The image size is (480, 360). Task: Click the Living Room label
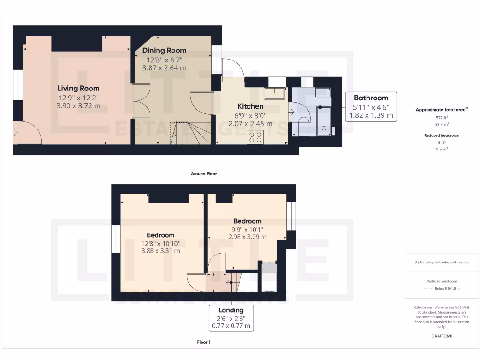click(78, 88)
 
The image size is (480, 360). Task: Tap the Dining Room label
click(164, 51)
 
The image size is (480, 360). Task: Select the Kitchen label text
click(250, 106)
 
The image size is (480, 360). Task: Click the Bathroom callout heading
click(371, 98)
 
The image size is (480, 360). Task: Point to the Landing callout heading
click(231, 310)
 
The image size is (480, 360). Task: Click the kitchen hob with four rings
click(255, 137)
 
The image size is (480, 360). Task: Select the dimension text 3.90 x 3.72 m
click(78, 106)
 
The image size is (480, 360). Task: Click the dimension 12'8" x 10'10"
click(160, 243)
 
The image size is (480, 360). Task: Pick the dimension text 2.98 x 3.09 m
click(247, 237)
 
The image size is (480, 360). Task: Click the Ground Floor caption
click(203, 174)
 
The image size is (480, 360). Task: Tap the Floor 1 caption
click(203, 342)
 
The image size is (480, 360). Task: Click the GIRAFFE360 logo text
click(442, 336)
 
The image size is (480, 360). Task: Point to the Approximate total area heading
click(441, 110)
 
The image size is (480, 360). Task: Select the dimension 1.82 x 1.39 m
click(371, 115)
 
